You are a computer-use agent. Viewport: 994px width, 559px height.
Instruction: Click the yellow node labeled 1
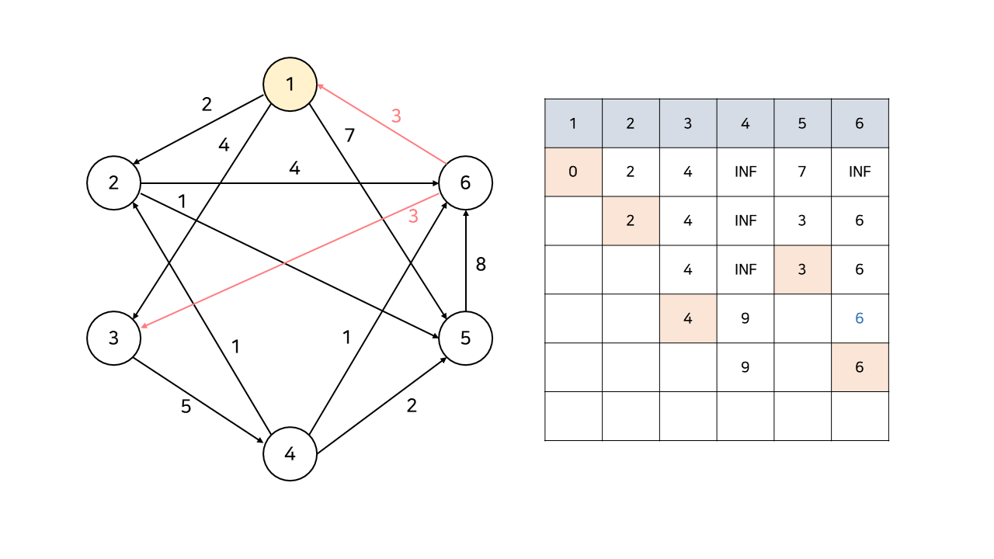pos(290,84)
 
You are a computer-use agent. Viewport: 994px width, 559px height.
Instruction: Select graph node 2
pos(113,183)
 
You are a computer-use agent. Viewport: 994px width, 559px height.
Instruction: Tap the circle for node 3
pos(113,339)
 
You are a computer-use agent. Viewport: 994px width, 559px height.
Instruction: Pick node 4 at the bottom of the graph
pos(290,454)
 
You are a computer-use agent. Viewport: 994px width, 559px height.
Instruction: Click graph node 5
pos(465,339)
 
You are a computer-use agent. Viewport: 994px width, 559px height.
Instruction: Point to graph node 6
pos(465,183)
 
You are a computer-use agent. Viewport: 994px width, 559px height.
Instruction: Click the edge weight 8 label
pos(481,264)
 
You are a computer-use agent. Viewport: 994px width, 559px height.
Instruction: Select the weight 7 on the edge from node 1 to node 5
pos(349,136)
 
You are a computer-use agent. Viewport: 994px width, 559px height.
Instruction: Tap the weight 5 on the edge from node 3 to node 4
pos(186,406)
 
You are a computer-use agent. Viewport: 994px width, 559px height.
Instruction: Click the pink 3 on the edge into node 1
pos(396,116)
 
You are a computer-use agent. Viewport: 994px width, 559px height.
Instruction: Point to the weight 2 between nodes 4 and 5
pos(412,406)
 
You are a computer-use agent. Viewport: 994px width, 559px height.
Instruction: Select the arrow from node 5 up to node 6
pos(465,260)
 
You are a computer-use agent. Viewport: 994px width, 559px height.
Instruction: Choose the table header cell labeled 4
pos(745,123)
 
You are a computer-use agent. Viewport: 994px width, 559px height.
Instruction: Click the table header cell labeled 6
pos(859,123)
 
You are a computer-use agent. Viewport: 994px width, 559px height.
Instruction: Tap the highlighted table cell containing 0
pos(573,172)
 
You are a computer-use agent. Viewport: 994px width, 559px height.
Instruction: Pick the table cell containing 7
pos(802,172)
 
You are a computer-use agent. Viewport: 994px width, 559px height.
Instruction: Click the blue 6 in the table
pos(859,318)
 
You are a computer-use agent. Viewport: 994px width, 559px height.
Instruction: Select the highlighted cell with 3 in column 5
pos(802,269)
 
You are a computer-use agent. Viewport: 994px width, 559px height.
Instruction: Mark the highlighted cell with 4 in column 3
pos(687,318)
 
